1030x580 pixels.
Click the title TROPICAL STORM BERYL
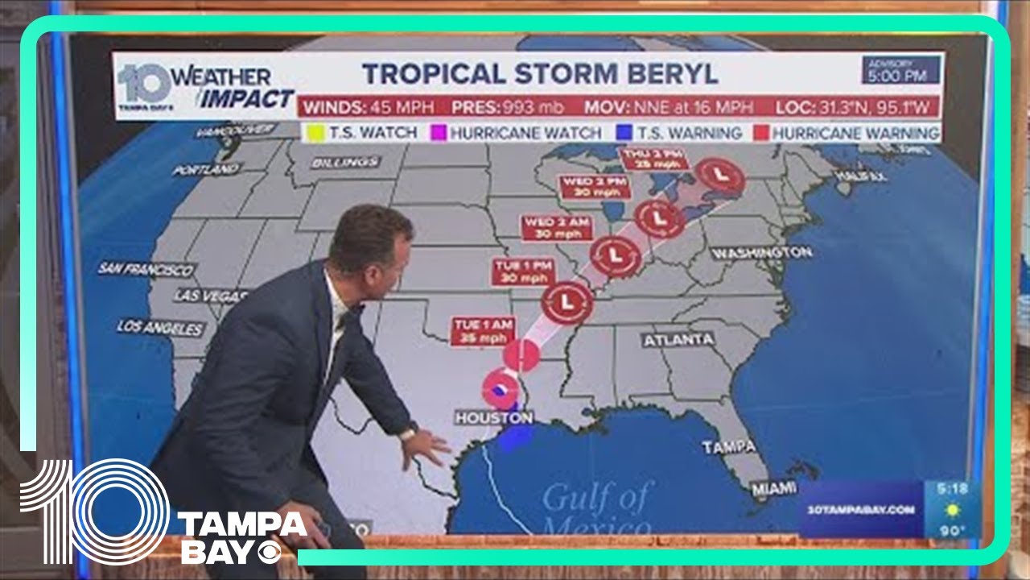tap(539, 73)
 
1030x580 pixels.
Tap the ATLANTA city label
tap(678, 340)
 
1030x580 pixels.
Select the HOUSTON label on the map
tap(493, 417)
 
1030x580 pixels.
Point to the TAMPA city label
tap(728, 446)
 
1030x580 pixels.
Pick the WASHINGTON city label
tap(761, 253)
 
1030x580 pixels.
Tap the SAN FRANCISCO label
tap(146, 269)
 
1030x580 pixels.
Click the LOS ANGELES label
tap(160, 328)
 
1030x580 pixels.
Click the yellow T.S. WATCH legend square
tap(315, 133)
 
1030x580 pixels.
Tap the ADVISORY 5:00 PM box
tap(900, 71)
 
